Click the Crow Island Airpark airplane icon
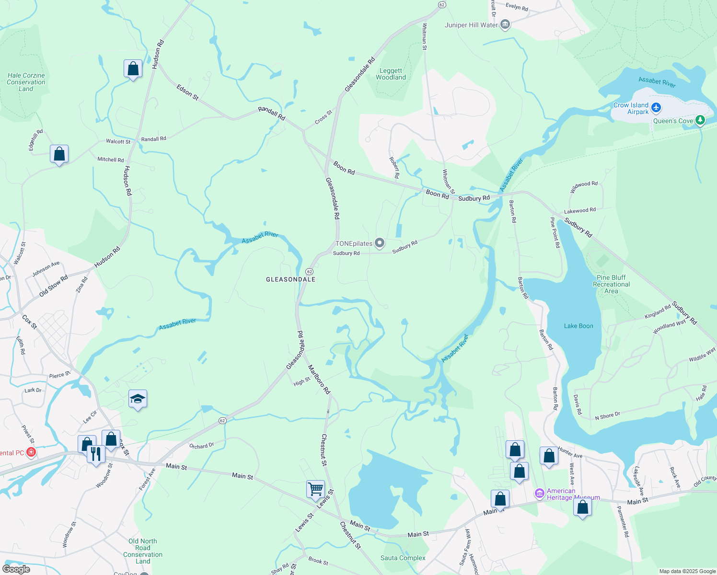pyautogui.click(x=656, y=107)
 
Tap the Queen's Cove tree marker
pyautogui.click(x=700, y=120)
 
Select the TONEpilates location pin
pyautogui.click(x=380, y=243)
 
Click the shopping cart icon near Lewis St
pyautogui.click(x=315, y=489)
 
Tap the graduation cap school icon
pyautogui.click(x=138, y=399)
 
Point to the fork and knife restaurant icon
pyautogui.click(x=96, y=453)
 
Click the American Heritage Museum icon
pyautogui.click(x=540, y=493)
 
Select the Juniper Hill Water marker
pyautogui.click(x=505, y=24)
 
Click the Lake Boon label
pyautogui.click(x=578, y=326)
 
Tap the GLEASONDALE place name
pyautogui.click(x=291, y=279)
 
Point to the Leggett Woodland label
pyautogui.click(x=391, y=74)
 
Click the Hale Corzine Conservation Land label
pyautogui.click(x=26, y=82)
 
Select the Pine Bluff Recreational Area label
pyautogui.click(x=611, y=284)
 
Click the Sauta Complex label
pyautogui.click(x=403, y=558)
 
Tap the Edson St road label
pyautogui.click(x=187, y=92)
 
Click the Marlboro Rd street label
pyautogui.click(x=319, y=379)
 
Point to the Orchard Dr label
pyautogui.click(x=201, y=446)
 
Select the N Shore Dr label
pyautogui.click(x=608, y=416)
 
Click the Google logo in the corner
pyautogui.click(x=16, y=569)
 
